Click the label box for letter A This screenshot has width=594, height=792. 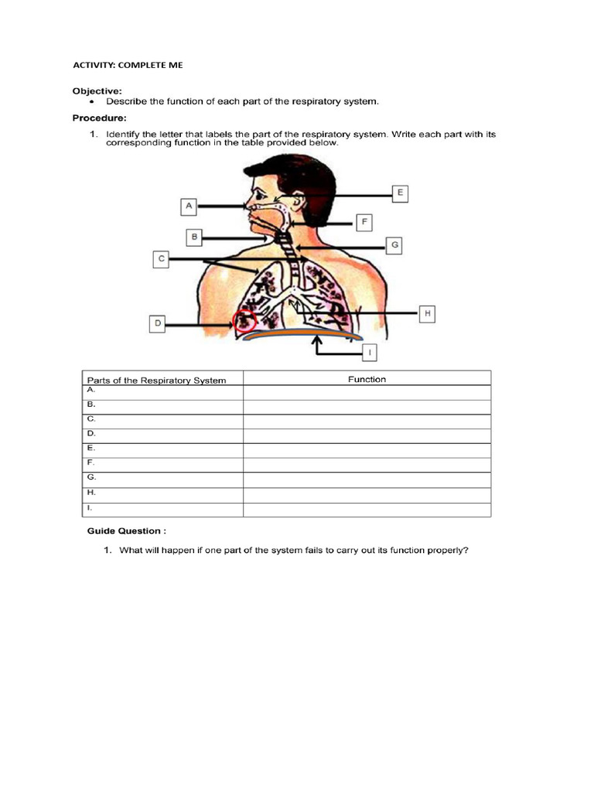[189, 207]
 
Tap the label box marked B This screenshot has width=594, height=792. [196, 236]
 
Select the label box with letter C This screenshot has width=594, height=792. [161, 258]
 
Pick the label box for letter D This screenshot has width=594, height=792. [158, 324]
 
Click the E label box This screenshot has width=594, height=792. [399, 193]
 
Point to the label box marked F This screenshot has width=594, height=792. [364, 223]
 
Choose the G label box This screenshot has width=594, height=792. [394, 245]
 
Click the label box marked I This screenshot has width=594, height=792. [370, 353]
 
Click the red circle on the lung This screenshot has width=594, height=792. [245, 320]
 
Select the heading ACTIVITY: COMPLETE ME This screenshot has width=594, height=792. [128, 65]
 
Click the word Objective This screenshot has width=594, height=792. [97, 90]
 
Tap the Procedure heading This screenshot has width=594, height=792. [99, 118]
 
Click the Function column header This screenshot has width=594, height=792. [367, 379]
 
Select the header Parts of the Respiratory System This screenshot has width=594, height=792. [156, 380]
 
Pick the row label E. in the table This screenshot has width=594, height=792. [91, 448]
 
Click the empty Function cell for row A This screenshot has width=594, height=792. [367, 393]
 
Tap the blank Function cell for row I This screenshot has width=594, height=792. [367, 510]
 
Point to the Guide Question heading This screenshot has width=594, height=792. [126, 531]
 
